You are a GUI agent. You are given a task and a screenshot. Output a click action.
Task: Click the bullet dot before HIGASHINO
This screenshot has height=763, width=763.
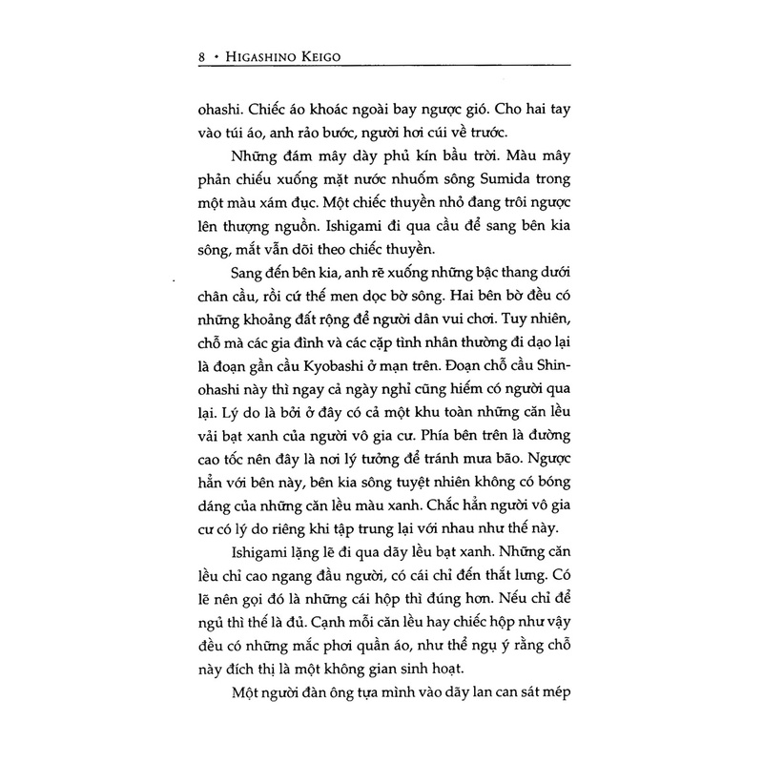(219, 57)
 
